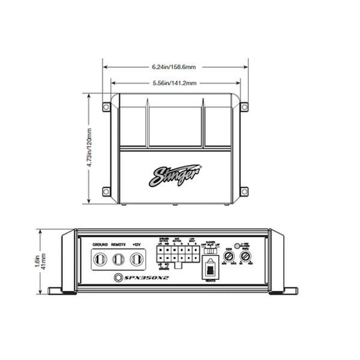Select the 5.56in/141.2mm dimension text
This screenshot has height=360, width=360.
175,82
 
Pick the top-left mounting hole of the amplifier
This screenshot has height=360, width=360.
106,108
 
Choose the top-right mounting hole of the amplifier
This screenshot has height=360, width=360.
245,108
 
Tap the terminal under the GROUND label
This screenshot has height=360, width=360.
100,259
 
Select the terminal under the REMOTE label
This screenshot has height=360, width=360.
119,259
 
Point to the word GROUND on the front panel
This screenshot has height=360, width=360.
100,245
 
